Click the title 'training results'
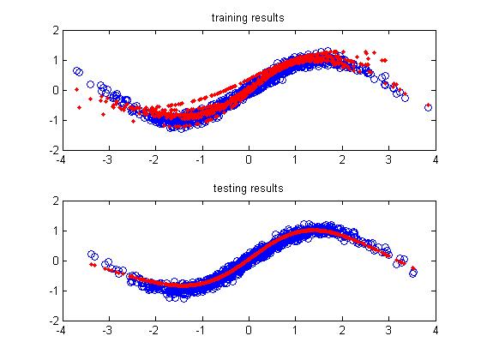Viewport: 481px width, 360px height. (248, 18)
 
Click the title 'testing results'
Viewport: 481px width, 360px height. (248, 188)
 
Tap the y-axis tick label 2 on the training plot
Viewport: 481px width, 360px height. (56, 30)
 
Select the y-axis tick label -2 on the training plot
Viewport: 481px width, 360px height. (54, 150)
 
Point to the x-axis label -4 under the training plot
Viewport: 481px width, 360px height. (61, 159)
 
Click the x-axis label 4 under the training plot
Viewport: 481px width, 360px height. (436, 159)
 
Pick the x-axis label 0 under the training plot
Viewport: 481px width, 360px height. (249, 159)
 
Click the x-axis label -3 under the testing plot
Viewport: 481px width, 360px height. (107, 330)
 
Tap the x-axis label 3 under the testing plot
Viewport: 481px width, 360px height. (389, 330)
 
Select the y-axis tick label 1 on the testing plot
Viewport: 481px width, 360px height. (56, 231)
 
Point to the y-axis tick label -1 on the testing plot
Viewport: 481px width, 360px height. (54, 291)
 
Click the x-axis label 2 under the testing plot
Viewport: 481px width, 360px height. (342, 330)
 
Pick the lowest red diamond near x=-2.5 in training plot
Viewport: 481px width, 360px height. (133, 122)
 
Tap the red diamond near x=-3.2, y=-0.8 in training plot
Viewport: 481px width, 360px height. (104, 114)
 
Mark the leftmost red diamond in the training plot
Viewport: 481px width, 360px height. (76, 89)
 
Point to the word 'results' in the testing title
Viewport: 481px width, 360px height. (267, 188)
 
